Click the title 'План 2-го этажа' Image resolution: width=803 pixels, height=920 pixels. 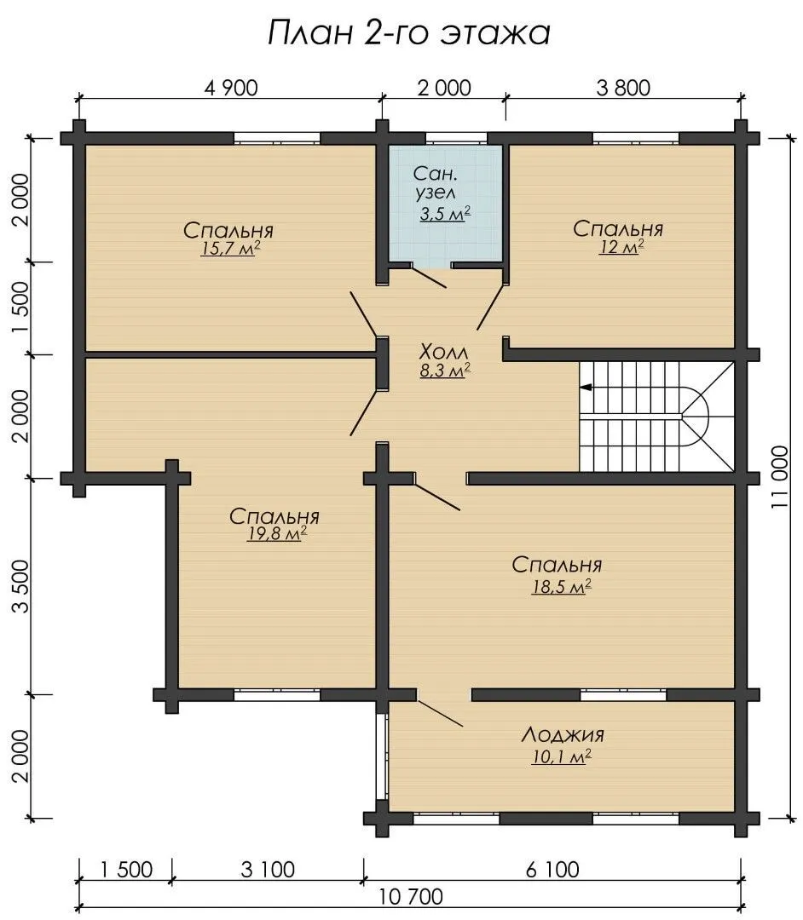409,33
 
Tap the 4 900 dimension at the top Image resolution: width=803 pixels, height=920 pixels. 231,88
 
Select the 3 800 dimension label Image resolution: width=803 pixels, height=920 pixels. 623,88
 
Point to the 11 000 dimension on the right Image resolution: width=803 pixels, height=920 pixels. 780,477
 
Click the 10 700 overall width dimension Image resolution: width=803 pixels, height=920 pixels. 411,896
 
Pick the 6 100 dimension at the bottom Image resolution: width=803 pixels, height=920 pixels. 552,870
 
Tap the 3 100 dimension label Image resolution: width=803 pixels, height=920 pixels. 268,870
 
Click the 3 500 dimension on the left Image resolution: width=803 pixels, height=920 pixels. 20,586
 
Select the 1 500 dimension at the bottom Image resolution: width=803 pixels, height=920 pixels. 125,870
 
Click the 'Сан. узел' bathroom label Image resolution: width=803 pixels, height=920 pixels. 435,183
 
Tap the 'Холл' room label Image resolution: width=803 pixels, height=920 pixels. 444,352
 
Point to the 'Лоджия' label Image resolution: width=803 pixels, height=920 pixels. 563,734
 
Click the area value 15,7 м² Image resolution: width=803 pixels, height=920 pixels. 230,249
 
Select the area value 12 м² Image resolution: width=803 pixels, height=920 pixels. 621,247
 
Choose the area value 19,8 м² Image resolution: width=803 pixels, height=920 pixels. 277,534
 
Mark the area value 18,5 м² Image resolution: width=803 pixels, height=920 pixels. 561,587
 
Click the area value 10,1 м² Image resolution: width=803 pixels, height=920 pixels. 561,757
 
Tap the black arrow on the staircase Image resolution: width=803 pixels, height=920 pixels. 586,388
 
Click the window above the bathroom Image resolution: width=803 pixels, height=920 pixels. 456,139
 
